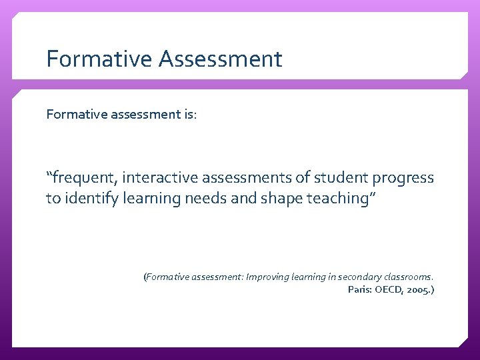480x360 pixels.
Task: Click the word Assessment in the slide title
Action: [x=221, y=59]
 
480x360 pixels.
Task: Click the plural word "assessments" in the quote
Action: [x=253, y=178]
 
